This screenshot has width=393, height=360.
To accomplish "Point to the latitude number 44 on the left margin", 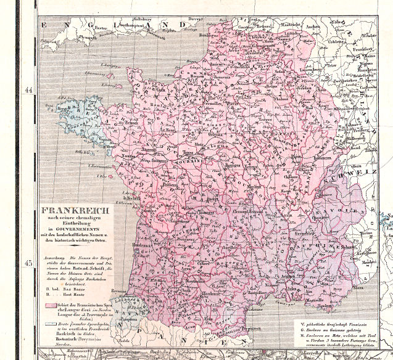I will pyautogui.click(x=28, y=89).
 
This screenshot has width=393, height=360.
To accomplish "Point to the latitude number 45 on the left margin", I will pyautogui.click(x=28, y=263).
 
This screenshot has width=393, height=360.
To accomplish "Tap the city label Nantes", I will pyautogui.click(x=128, y=160).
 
